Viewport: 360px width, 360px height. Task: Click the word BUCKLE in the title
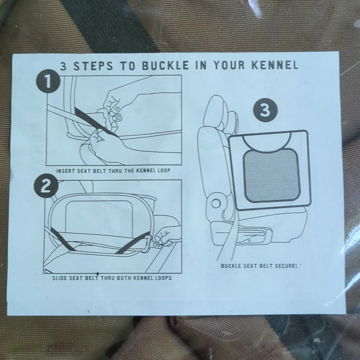[165, 66]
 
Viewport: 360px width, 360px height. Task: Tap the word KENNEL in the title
[275, 65]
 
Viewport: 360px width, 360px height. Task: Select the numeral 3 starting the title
[64, 66]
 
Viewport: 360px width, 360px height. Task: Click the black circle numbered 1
[48, 81]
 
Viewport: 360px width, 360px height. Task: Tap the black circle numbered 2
[46, 186]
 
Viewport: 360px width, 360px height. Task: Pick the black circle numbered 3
[265, 110]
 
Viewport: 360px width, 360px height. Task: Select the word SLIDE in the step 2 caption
[60, 278]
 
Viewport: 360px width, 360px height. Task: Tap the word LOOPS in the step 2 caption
[163, 278]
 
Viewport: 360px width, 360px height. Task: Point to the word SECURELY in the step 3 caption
[288, 266]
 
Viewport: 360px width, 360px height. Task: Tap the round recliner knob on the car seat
[216, 203]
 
